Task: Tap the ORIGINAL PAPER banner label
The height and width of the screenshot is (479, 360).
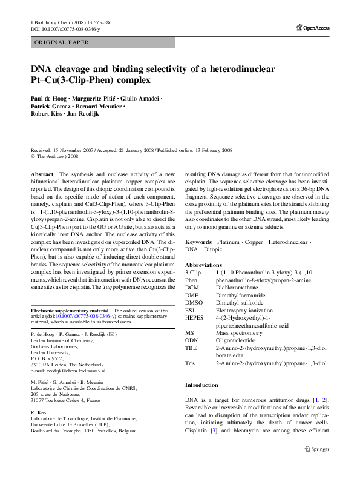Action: click(x=62, y=42)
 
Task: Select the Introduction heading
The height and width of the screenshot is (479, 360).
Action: click(x=201, y=385)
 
